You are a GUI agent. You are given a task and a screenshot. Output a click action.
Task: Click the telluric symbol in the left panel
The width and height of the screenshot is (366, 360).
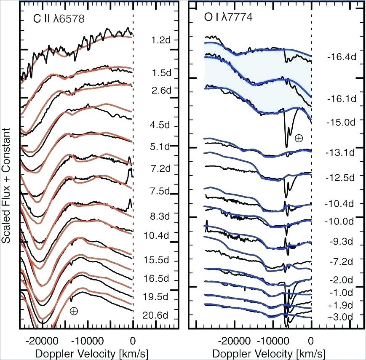click(74, 311)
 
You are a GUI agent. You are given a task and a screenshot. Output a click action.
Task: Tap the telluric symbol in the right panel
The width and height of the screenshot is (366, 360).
click(299, 138)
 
